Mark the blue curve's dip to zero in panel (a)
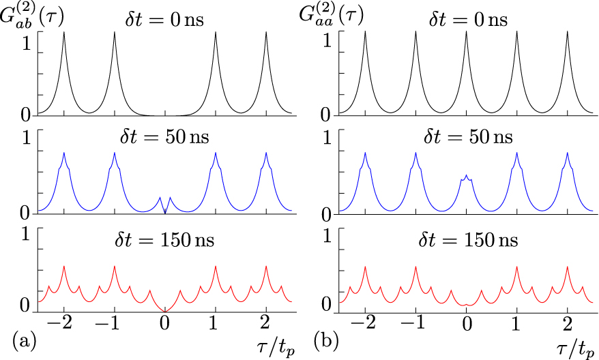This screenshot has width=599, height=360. point(165,213)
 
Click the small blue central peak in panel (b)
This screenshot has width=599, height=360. point(466,177)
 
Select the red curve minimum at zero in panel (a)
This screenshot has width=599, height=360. point(165,312)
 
